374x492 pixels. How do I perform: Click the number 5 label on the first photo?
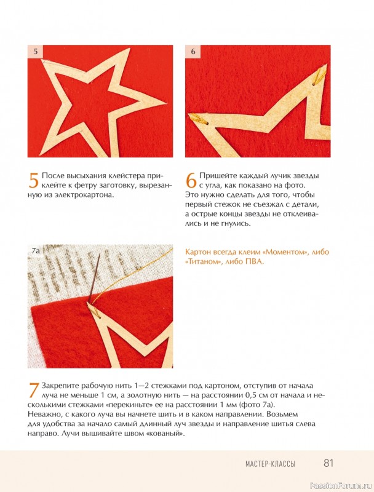tap(36, 51)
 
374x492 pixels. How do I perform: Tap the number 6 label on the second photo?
tap(193, 51)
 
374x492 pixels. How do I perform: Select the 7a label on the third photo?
tap(36, 250)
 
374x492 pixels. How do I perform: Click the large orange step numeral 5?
tap(34, 180)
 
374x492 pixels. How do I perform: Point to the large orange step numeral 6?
tap(191, 180)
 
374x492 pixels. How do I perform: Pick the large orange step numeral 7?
tap(34, 390)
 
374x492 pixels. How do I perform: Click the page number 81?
tap(328, 463)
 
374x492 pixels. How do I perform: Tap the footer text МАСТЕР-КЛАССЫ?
tap(270, 464)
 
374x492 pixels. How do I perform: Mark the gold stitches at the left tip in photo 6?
tap(196, 119)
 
